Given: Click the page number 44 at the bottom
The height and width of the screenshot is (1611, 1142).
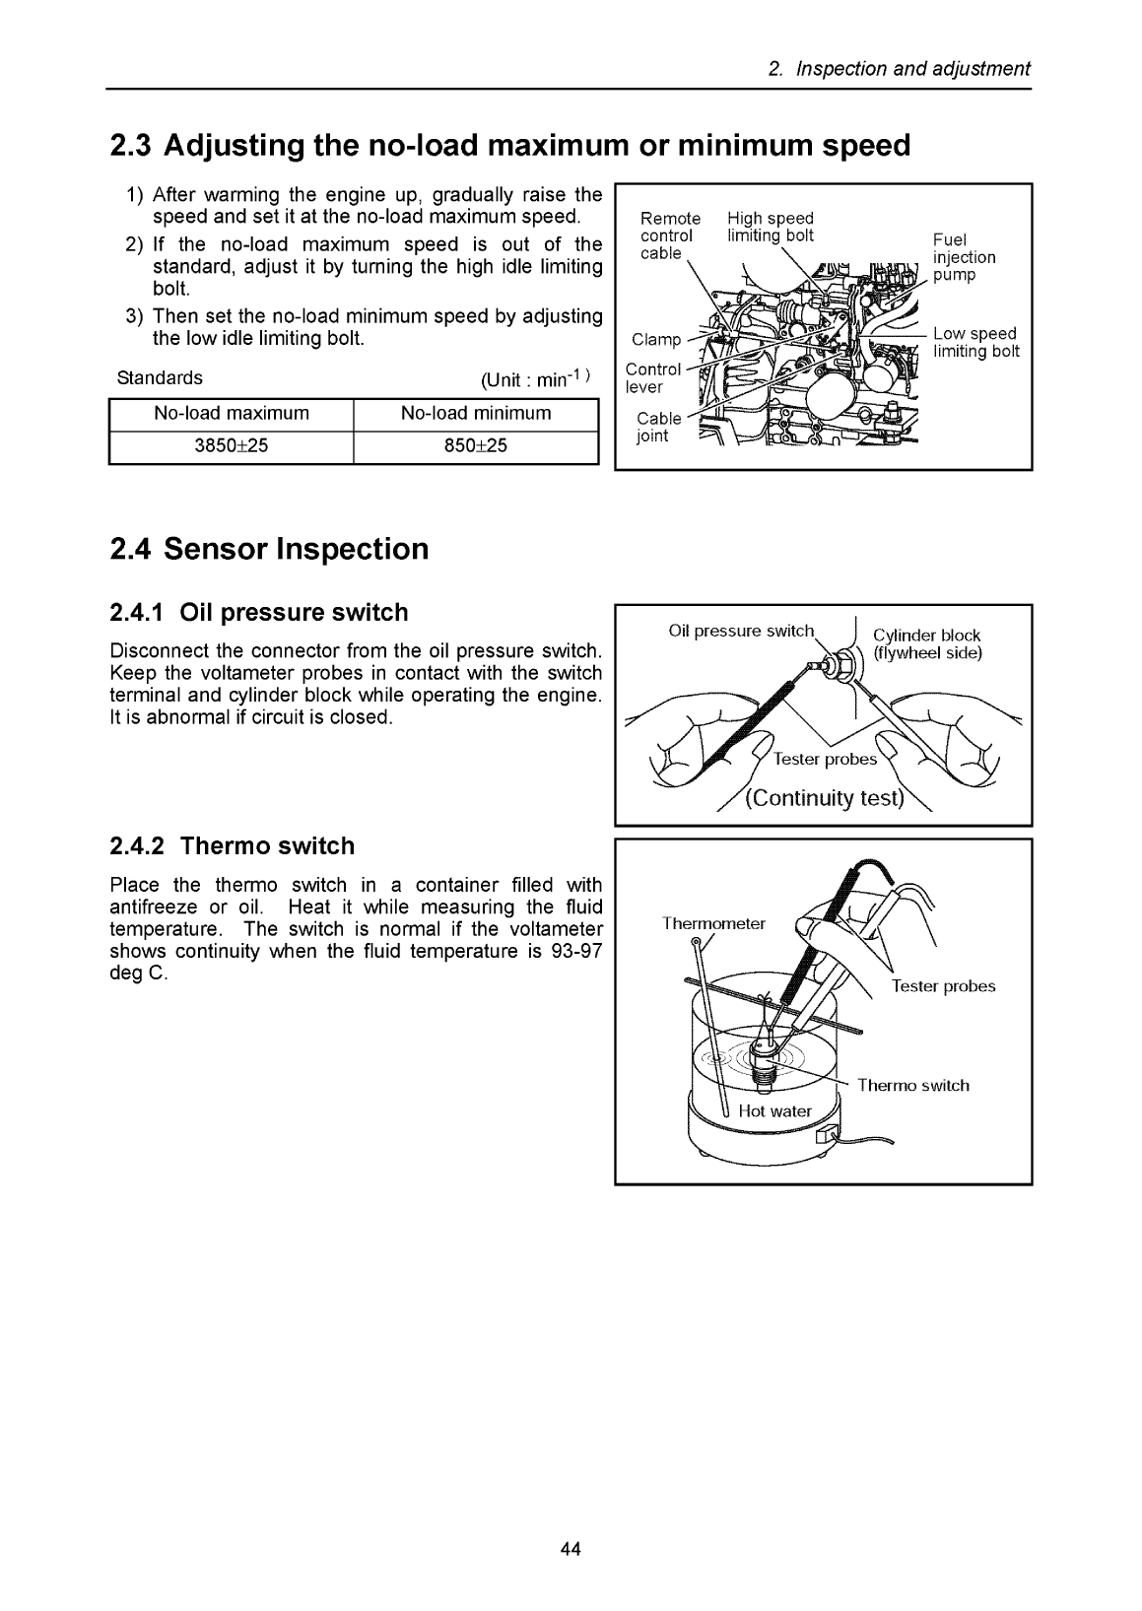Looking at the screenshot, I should [571, 1549].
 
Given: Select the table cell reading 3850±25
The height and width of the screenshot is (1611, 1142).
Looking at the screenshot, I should [231, 445].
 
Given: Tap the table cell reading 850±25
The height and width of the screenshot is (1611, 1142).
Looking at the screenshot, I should [475, 445].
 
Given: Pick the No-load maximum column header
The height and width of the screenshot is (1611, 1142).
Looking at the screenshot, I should [231, 413].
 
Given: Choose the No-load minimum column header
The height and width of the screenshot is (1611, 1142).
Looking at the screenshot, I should [475, 413].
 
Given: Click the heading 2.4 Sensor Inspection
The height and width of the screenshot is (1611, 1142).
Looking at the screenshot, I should [269, 549].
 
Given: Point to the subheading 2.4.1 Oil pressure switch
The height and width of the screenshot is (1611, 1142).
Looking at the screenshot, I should [258, 613].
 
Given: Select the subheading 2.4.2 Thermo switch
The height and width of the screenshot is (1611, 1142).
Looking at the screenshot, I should [232, 846].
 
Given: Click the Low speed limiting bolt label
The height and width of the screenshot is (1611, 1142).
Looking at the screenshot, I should [975, 343].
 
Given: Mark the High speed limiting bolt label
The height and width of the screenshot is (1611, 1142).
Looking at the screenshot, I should [771, 227].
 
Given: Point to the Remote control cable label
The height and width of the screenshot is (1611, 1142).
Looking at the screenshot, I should [670, 235].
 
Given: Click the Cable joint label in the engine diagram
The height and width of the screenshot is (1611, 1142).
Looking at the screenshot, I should [658, 427].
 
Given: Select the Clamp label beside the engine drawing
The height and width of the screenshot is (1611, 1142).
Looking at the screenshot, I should [656, 340].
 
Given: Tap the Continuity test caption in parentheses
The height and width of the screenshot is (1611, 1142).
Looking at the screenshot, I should [824, 798].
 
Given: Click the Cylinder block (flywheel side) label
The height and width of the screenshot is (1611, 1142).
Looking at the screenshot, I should [927, 643].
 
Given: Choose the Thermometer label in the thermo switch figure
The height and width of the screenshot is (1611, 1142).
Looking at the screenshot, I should [713, 923].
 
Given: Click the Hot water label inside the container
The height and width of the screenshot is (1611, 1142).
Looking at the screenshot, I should [774, 1111].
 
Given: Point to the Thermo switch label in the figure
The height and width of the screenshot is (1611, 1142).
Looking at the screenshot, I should [912, 1086].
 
